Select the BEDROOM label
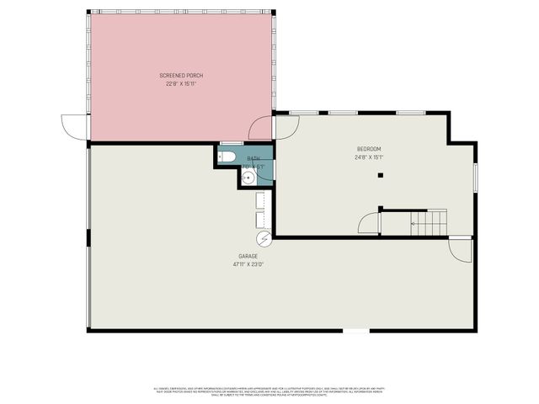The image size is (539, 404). coord(369,149)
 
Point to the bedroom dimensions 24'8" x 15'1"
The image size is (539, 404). coord(369,157)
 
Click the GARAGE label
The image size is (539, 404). coord(248,256)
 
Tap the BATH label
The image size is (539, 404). coord(253,158)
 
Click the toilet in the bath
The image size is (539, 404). coord(227,157)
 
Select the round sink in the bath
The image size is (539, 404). coord(247,177)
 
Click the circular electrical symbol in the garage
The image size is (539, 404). coord(264,240)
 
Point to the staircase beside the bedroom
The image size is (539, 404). coord(428,224)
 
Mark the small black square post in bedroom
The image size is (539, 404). coord(381,175)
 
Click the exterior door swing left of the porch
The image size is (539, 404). coord(74,126)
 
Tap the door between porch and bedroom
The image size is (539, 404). coord(263,127)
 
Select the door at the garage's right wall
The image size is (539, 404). coord(460,249)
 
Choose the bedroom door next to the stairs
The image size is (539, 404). coord(370,224)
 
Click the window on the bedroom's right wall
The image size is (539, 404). coord(475,177)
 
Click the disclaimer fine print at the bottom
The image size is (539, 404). coord(269,391)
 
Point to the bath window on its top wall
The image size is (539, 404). coord(232,144)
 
